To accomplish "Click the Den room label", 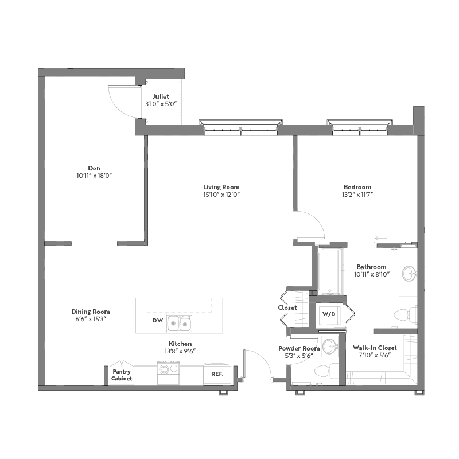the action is pyautogui.click(x=94, y=168).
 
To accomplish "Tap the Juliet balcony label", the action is pyautogui.click(x=161, y=96).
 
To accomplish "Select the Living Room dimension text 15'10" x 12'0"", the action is pyautogui.click(x=221, y=195).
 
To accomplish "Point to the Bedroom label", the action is pyautogui.click(x=357, y=187).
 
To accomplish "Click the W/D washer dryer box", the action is pyautogui.click(x=329, y=314).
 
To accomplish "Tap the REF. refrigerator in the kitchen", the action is pyautogui.click(x=217, y=374).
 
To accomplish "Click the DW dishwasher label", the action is pyautogui.click(x=158, y=321).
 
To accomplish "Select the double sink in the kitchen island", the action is pyautogui.click(x=179, y=324).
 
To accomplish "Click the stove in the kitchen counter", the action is pyautogui.click(x=168, y=368).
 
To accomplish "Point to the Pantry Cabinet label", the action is pyautogui.click(x=122, y=375).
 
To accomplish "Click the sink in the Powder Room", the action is pyautogui.click(x=330, y=346).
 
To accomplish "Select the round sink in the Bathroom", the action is pyautogui.click(x=409, y=274).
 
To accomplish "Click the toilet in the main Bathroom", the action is pyautogui.click(x=406, y=314).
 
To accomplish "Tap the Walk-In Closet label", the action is pyautogui.click(x=375, y=348).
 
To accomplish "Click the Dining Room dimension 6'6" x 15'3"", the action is pyautogui.click(x=91, y=319).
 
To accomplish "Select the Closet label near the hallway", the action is pyautogui.click(x=287, y=308).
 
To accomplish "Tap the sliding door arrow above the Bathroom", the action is pyautogui.click(x=380, y=238).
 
